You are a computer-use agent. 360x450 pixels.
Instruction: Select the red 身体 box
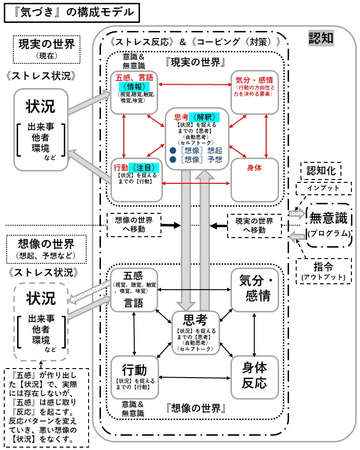tap(254, 179)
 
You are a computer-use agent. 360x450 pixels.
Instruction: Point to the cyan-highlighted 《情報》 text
tap(134, 87)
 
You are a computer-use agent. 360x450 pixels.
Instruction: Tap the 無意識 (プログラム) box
tap(329, 225)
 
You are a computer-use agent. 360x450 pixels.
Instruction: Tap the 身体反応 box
tap(254, 377)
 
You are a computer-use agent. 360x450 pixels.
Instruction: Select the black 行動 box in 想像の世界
tap(134, 377)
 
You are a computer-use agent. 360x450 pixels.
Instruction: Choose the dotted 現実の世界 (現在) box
tap(46, 48)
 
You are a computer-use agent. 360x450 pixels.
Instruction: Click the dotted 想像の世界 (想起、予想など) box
tap(46, 249)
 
